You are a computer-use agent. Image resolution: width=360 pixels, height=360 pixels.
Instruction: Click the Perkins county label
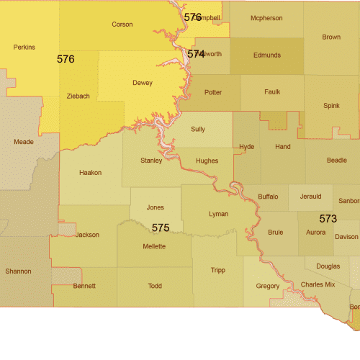tap(24, 48)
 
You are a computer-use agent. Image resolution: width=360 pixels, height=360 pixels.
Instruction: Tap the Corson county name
tap(122, 24)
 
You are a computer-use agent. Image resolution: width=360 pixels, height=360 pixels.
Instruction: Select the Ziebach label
tap(78, 96)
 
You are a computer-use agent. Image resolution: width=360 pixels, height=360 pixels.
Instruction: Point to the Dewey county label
tap(143, 83)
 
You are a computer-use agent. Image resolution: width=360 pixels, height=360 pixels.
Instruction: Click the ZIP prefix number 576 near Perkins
tap(66, 59)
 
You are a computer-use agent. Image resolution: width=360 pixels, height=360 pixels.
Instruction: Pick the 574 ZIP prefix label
tap(196, 54)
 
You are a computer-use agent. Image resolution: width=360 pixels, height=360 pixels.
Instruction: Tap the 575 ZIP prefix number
tap(161, 228)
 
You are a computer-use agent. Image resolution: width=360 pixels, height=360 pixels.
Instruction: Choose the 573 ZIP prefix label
tap(328, 217)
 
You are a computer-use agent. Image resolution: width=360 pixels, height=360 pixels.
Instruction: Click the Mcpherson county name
tap(266, 17)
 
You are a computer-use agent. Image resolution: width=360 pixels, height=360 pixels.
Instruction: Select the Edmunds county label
tap(266, 55)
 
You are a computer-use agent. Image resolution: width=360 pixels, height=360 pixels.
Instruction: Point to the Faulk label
tap(272, 92)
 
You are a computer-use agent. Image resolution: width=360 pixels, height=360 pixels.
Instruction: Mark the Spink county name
tap(331, 106)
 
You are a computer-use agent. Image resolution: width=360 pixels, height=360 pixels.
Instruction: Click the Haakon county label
tap(91, 173)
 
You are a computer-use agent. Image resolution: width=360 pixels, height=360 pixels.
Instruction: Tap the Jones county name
tap(155, 207)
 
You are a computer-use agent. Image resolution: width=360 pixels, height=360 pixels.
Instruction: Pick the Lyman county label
tap(218, 215)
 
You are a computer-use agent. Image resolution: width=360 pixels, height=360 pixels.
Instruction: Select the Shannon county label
tap(18, 271)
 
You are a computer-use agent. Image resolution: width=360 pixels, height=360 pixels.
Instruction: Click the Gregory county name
tap(267, 287)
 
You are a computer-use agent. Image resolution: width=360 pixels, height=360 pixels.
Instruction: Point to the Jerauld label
tap(310, 196)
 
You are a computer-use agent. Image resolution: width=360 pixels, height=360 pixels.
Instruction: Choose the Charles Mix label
tap(318, 284)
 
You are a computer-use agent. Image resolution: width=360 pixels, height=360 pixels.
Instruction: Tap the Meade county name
tap(24, 143)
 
